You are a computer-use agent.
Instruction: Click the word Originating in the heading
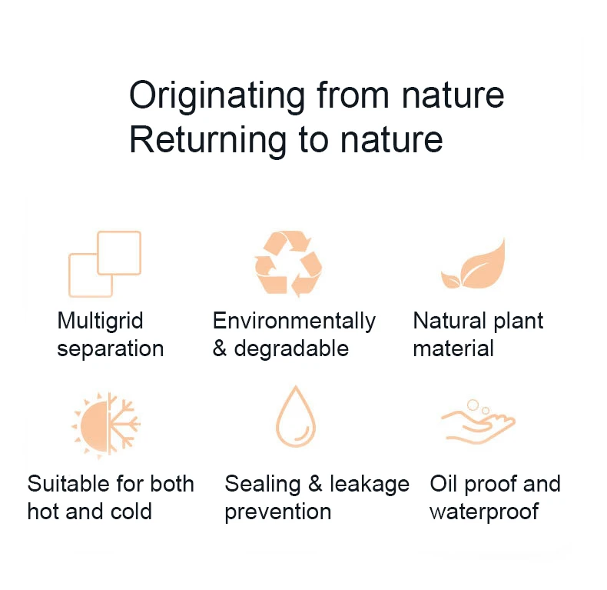[217, 96]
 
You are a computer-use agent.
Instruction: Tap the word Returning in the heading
[207, 141]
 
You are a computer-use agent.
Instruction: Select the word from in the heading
[353, 95]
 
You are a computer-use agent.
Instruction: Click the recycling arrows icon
[288, 264]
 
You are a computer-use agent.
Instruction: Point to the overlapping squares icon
[104, 265]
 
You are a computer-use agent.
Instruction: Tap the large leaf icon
[473, 265]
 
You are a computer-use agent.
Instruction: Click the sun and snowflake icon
[106, 425]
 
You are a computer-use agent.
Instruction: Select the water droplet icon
[296, 416]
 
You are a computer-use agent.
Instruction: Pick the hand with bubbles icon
[478, 422]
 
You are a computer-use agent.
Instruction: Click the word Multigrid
[100, 322]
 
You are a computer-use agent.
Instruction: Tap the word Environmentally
[294, 322]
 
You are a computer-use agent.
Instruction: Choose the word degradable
[291, 348]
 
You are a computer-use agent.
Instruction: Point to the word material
[453, 348]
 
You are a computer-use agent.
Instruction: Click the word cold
[131, 512]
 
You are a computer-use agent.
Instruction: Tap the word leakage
[370, 485]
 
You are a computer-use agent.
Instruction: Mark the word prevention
[278, 512]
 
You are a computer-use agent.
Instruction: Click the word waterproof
[484, 512]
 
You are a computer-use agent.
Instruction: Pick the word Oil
[443, 484]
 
